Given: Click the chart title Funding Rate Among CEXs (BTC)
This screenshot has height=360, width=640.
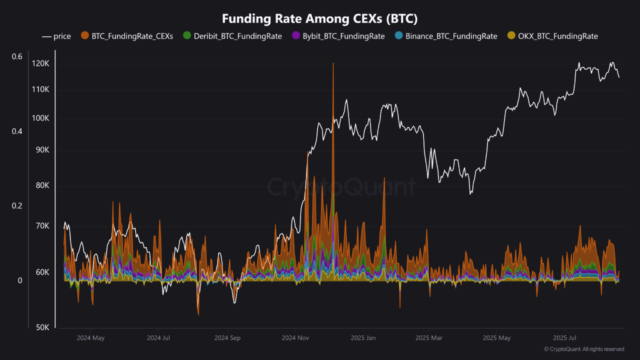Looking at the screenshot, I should [319, 19].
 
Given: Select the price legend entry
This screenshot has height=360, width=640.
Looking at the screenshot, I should [56, 36].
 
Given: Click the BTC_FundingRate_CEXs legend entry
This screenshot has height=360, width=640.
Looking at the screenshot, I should [127, 36].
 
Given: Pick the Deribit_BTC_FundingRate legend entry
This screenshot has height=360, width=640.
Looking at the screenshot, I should [232, 36].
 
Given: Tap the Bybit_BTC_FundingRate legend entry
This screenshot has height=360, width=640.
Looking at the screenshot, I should [338, 36].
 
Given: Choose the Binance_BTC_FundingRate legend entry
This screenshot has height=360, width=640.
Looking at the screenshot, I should [446, 36].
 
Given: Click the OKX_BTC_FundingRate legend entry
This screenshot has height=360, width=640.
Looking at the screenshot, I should [552, 36].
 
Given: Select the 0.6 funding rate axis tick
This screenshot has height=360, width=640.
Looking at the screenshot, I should [17, 56].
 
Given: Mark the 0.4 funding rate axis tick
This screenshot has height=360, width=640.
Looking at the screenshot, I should [17, 131].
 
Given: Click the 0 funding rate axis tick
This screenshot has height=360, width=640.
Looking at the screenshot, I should [20, 280].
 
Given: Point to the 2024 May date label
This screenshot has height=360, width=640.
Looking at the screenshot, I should [90, 338].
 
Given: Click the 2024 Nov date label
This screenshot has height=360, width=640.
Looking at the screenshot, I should [295, 338].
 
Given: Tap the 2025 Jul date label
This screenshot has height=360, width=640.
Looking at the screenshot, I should [565, 338].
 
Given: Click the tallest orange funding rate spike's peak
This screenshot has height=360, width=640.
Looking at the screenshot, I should [333, 63].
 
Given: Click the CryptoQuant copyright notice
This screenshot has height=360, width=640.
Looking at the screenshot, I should [584, 349].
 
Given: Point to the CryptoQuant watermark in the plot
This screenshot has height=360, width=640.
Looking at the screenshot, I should [341, 187].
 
